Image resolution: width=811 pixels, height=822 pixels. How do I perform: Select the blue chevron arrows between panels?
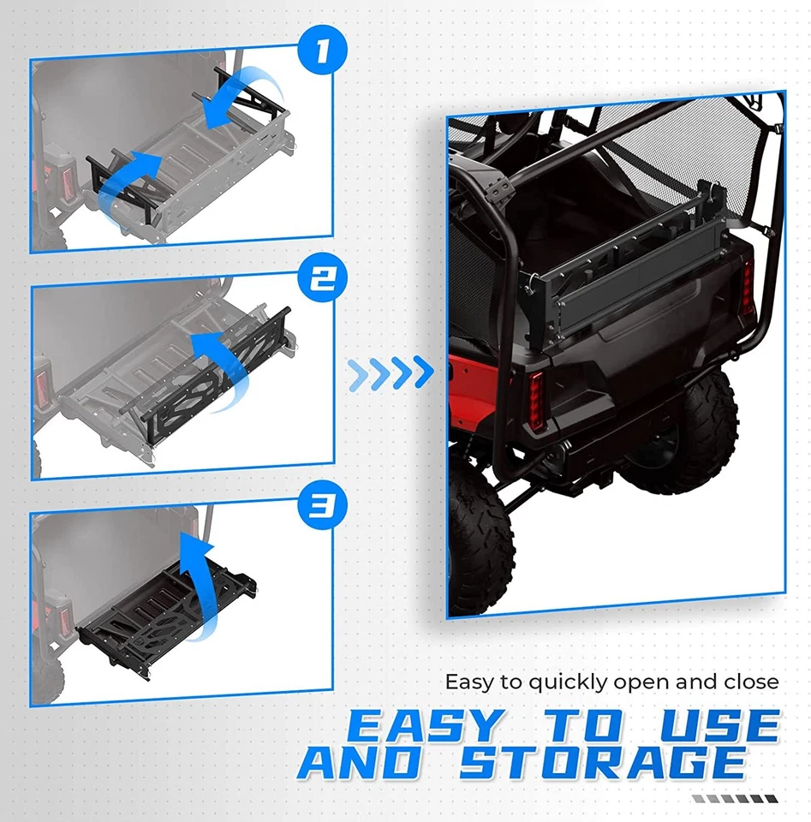click(390, 372)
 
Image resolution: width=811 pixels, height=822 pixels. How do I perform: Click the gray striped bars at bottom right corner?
click(735, 798)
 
